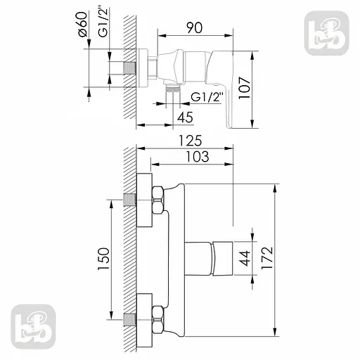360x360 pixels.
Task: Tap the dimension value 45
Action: coord(186,117)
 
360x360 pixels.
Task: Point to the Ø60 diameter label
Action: coord(83,27)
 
